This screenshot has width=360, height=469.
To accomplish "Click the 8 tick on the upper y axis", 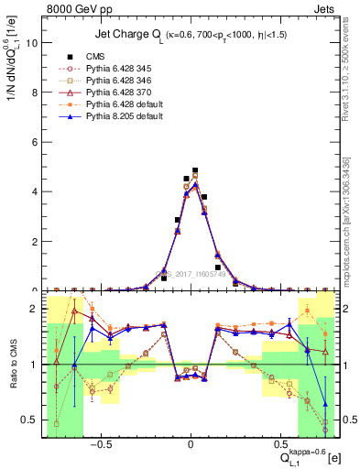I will [34, 93].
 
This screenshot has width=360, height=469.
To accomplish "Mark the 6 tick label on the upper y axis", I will [34, 142].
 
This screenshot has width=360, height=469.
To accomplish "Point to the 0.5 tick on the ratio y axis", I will [29, 420].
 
